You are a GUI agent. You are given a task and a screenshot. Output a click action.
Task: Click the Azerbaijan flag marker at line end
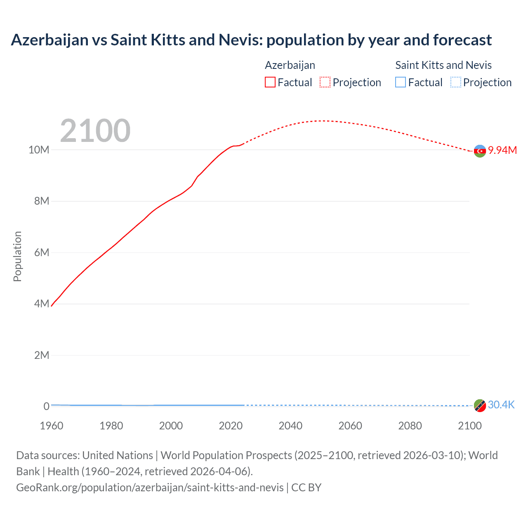coord(480,151)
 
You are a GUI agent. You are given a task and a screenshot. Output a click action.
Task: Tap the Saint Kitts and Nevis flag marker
coord(480,405)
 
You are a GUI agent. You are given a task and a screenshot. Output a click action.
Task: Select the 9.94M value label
coord(502,150)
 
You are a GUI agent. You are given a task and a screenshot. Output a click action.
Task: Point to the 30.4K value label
coord(501,405)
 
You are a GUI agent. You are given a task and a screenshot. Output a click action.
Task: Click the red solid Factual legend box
coord(270,82)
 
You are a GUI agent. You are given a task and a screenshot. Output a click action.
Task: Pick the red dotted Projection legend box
coord(325,82)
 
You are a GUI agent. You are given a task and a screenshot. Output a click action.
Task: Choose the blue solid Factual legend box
coord(400,82)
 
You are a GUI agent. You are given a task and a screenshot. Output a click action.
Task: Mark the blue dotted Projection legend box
coord(455,82)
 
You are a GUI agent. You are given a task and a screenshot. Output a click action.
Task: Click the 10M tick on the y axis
coord(39,150)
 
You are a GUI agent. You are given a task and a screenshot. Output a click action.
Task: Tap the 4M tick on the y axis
coord(41,304)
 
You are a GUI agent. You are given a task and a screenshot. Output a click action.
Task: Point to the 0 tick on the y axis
coord(46,407)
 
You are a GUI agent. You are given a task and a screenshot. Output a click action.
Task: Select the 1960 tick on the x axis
coord(52,426)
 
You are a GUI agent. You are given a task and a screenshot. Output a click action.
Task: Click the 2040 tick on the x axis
coord(290,426)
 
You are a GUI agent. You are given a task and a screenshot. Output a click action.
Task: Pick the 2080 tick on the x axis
coord(410,426)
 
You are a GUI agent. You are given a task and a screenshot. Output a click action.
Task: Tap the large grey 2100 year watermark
coord(95,131)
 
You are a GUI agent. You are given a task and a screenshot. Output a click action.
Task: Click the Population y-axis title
coord(17,256)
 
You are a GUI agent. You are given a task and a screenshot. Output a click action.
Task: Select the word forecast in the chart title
coord(462,40)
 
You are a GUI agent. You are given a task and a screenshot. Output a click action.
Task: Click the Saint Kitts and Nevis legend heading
coord(443,65)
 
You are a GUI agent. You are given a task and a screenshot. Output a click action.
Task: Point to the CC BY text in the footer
coord(306,488)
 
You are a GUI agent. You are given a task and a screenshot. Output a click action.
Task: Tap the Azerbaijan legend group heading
coord(290,65)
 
